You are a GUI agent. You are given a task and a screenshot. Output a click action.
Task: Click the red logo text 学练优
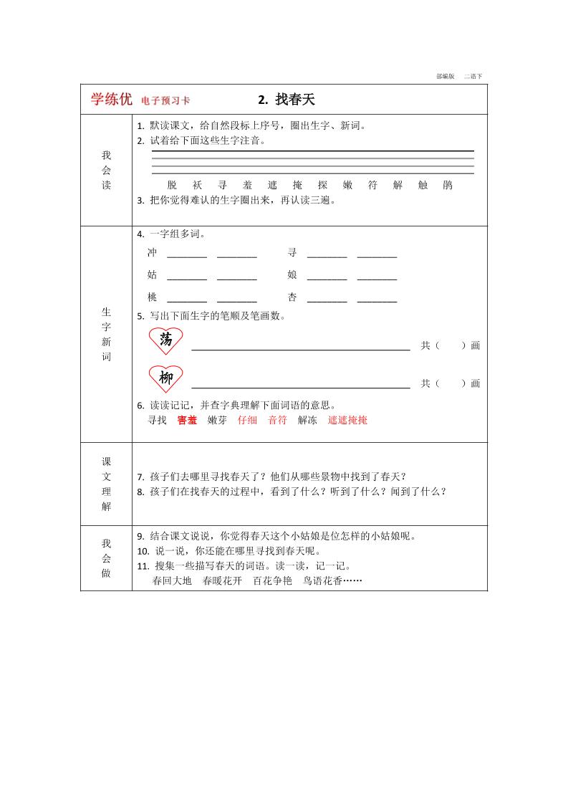click(x=111, y=100)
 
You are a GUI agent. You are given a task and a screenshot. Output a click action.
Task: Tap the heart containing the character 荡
click(x=166, y=340)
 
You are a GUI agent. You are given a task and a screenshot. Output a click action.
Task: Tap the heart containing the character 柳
click(x=166, y=378)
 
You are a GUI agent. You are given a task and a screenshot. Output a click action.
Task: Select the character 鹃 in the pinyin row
click(x=448, y=185)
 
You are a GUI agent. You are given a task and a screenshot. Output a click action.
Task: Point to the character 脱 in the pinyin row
click(x=171, y=185)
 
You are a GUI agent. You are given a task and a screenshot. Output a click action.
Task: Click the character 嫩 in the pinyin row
click(x=348, y=185)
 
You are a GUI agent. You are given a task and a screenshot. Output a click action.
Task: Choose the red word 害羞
click(x=187, y=421)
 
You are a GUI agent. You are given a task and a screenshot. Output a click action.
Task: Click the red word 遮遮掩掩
click(x=347, y=421)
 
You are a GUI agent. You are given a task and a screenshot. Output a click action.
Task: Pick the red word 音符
click(x=277, y=421)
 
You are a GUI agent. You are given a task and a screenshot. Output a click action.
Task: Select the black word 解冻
click(x=307, y=421)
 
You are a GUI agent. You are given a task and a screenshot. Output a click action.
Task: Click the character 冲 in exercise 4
click(x=152, y=253)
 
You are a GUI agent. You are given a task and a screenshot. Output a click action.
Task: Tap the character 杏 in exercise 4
click(x=292, y=297)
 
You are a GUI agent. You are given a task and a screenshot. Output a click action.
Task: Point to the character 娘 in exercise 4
click(x=292, y=275)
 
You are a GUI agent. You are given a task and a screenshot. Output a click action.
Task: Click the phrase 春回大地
click(x=172, y=581)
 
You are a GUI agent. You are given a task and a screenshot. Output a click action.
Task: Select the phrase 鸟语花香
click(x=322, y=581)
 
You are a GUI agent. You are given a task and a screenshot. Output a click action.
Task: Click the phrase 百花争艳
click(x=272, y=581)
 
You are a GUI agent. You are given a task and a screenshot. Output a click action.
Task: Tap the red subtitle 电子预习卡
click(x=165, y=101)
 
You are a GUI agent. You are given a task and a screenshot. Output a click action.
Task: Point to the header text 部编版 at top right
click(x=445, y=76)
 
